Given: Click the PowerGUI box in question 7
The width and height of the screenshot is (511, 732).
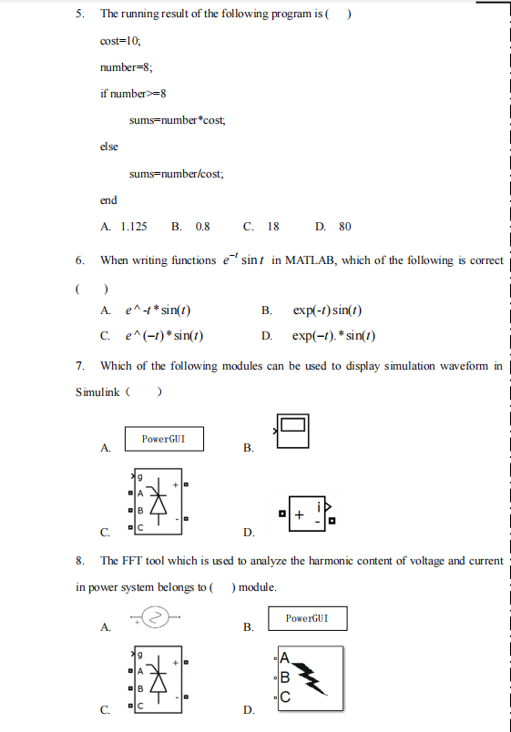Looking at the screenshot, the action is (164, 439).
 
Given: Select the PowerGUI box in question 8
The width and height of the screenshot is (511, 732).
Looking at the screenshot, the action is (307, 618).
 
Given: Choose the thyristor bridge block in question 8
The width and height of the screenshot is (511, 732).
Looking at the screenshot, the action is (158, 678).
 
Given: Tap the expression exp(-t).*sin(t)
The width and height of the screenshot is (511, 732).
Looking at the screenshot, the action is (334, 335).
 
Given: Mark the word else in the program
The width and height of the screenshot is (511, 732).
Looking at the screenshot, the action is (109, 147).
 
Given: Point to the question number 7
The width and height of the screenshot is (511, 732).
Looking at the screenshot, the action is (80, 366).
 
